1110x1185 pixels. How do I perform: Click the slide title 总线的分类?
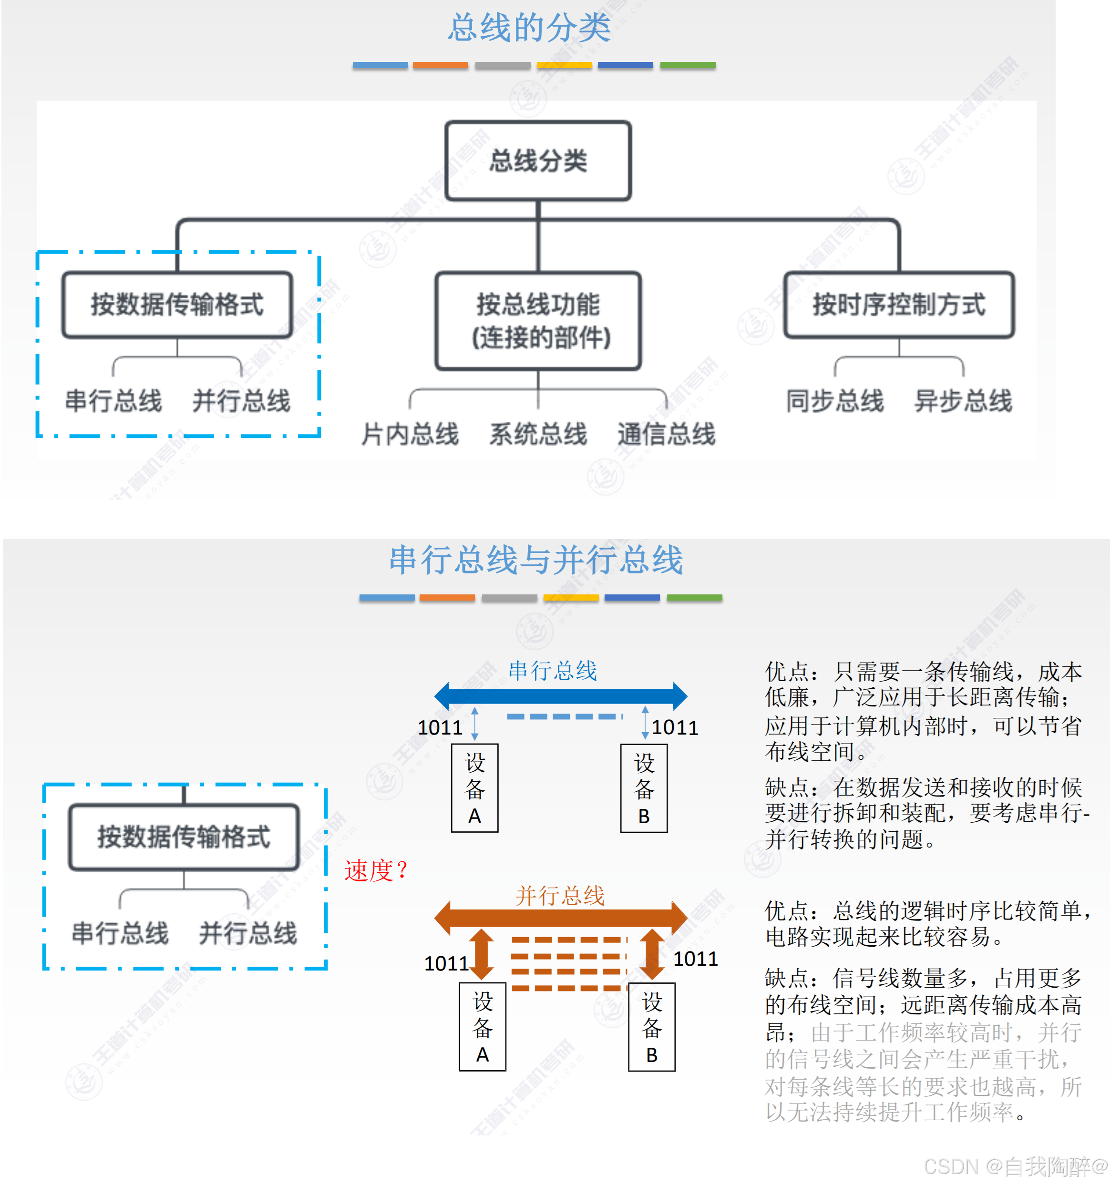pyautogui.click(x=529, y=28)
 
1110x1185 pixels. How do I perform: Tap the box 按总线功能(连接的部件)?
pyautogui.click(x=538, y=321)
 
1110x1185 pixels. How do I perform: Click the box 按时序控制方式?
pyautogui.click(x=898, y=305)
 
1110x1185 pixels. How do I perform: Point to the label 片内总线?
pyautogui.click(x=410, y=433)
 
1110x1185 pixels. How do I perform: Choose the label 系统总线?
pyautogui.click(x=538, y=433)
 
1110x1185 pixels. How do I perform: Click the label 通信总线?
pyautogui.click(x=666, y=433)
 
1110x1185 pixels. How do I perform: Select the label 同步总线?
pyautogui.click(x=834, y=400)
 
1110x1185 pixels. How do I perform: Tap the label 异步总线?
pyautogui.click(x=963, y=400)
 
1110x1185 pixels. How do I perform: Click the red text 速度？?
pyautogui.click(x=376, y=870)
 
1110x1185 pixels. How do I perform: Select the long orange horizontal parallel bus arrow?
pyautogui.click(x=560, y=918)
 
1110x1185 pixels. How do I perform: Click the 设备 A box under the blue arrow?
pyautogui.click(x=474, y=788)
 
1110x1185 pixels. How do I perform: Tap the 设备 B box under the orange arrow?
pyautogui.click(x=652, y=1027)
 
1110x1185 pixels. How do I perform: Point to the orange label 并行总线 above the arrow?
pyautogui.click(x=560, y=895)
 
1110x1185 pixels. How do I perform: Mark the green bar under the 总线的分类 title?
pyautogui.click(x=688, y=65)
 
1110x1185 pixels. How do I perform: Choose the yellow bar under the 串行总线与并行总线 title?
pyautogui.click(x=571, y=597)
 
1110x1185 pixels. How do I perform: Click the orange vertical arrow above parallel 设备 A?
pyautogui.click(x=482, y=954)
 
